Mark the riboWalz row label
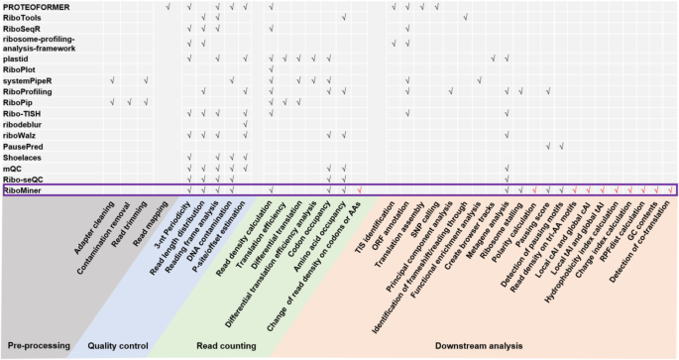[x=21, y=134]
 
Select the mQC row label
[x=13, y=167]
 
